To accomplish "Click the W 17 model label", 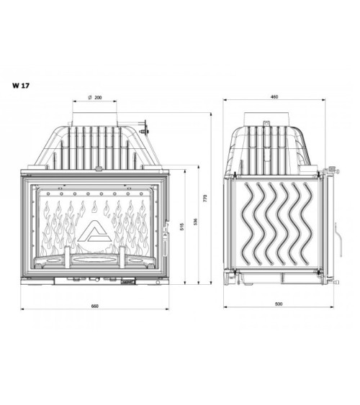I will click(x=20, y=83).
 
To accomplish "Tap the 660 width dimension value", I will click(x=94, y=306).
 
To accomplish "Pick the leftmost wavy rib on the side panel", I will click(x=246, y=223).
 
